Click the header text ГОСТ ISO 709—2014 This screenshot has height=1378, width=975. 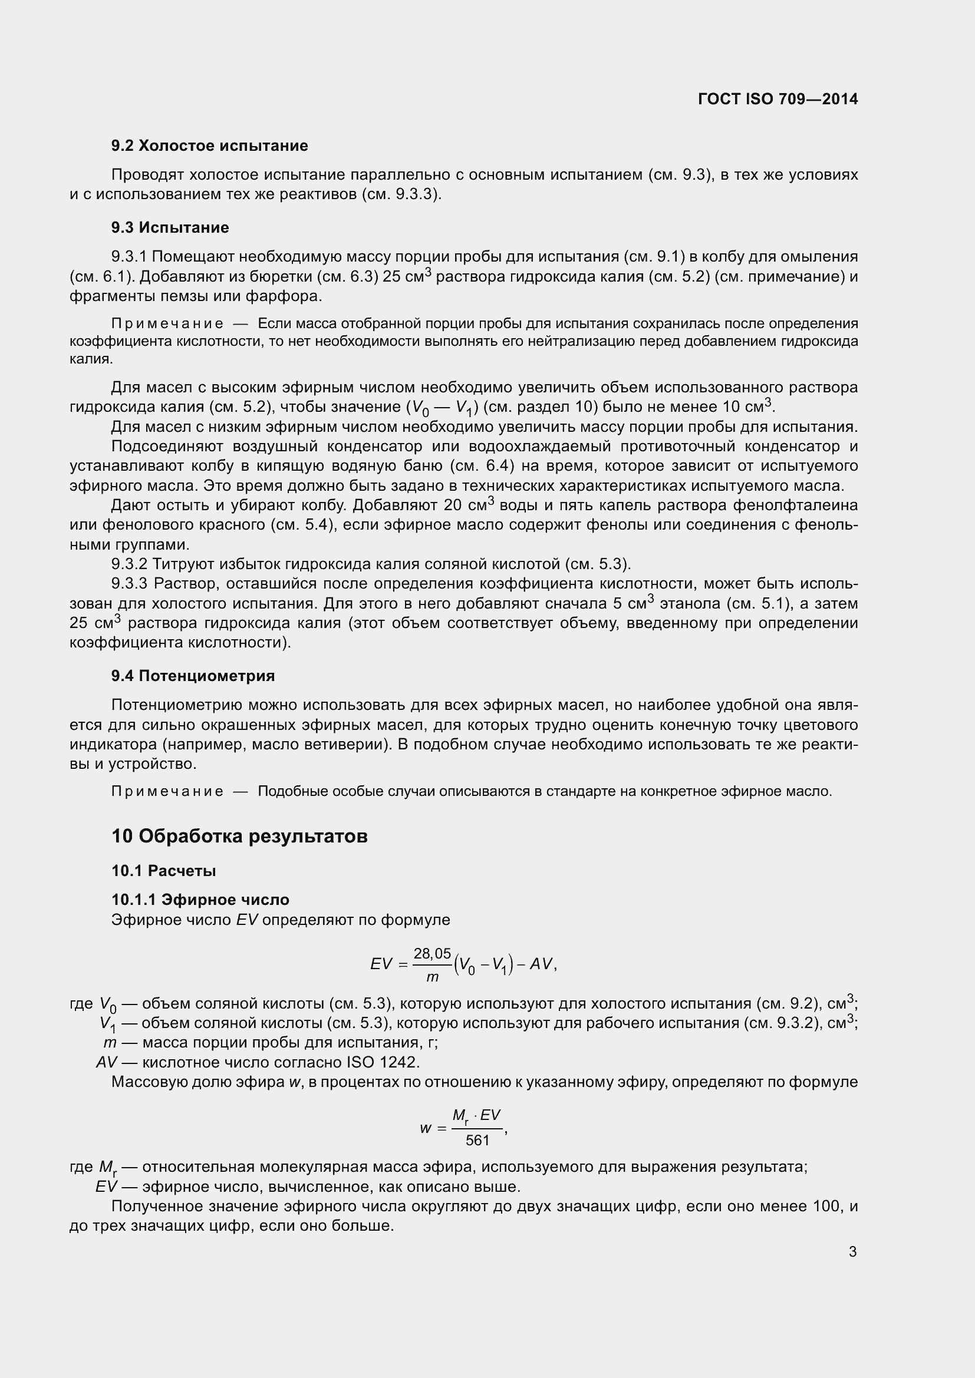(778, 99)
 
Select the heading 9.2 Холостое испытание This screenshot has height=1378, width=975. (209, 146)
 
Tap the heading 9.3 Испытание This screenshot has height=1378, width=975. (170, 227)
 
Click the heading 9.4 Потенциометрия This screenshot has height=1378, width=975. (193, 676)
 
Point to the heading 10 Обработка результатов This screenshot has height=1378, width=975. (239, 836)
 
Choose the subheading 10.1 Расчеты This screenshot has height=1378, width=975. (163, 870)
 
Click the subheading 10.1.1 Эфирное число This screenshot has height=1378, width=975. (200, 900)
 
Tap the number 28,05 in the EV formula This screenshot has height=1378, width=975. (432, 954)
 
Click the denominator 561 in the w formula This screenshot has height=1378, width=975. (478, 1141)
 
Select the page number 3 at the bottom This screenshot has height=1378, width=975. (852, 1252)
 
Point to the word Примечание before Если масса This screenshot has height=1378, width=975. (167, 324)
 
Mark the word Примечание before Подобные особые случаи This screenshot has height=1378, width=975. (167, 792)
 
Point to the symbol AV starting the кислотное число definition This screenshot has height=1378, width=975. (106, 1062)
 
